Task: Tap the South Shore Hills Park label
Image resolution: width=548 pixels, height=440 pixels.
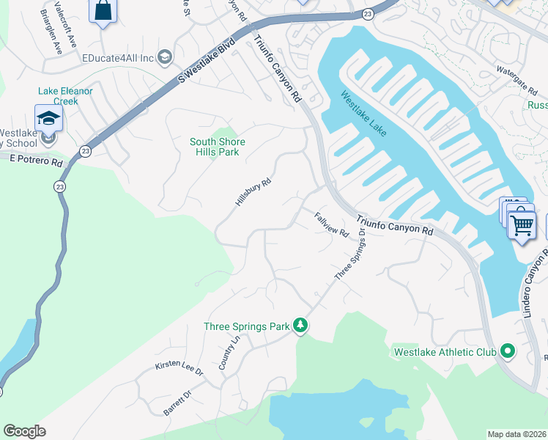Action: pos(217,147)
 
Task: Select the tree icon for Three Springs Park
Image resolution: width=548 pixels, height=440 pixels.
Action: pos(300,326)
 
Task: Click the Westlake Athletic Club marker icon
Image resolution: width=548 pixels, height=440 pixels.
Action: pos(508,352)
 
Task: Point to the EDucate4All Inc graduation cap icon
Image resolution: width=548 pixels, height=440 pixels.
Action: pos(165,57)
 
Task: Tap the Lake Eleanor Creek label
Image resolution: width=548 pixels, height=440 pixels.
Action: pos(65,96)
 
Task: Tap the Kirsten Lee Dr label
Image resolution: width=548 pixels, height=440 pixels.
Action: pos(179,368)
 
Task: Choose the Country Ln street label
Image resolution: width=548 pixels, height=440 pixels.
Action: pos(229,353)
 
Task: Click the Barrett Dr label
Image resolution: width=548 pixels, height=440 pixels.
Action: pos(177,403)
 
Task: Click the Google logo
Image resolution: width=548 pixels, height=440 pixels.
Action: pos(24,431)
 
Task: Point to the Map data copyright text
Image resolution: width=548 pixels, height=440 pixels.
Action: pos(516,434)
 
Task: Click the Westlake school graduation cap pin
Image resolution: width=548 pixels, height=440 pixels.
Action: pos(48,117)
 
